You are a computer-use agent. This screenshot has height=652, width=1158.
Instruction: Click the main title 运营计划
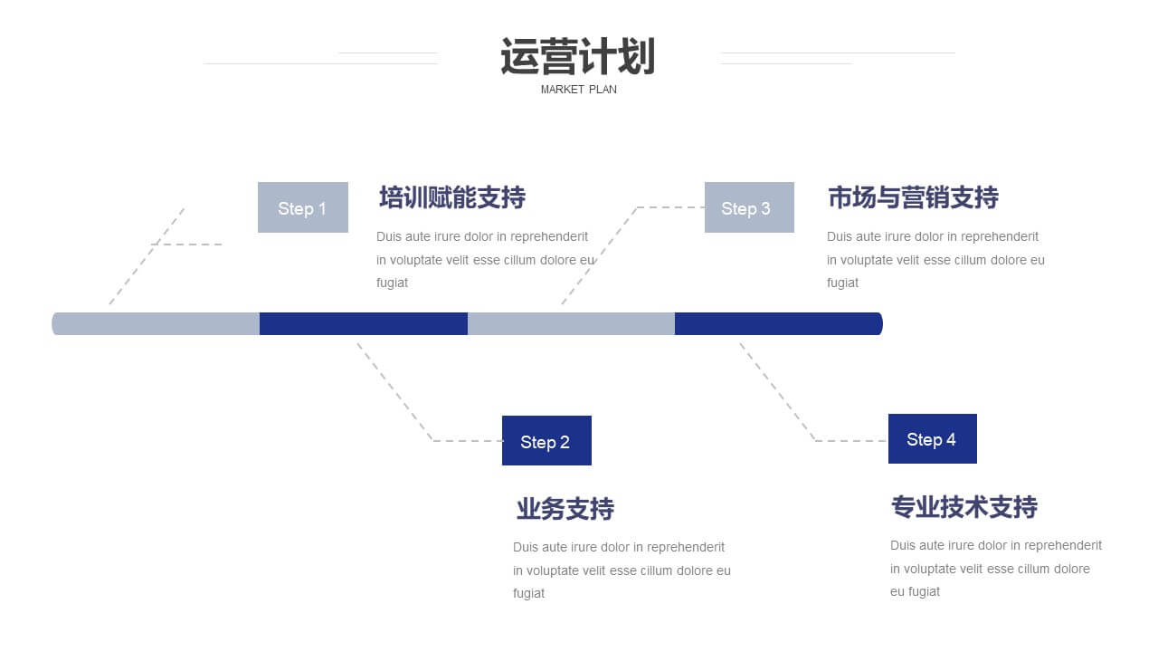pos(578,56)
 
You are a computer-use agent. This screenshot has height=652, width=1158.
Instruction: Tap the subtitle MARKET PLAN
pos(578,90)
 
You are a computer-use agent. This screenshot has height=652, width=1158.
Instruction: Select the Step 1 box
pos(303,207)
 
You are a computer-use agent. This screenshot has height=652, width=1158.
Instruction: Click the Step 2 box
pos(546,440)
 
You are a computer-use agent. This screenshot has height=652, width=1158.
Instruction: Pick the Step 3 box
pos(749,207)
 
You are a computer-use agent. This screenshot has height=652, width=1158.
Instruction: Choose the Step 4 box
pos(933,438)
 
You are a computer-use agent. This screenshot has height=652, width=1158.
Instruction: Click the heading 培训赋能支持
pos(452,197)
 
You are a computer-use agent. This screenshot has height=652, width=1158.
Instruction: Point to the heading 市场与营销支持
pos(913,197)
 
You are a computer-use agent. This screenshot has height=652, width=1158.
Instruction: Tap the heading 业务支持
pos(565,508)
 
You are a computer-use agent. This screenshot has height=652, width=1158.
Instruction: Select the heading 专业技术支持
pos(964,506)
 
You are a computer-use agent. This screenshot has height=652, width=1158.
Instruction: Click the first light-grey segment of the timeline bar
pos(156,323)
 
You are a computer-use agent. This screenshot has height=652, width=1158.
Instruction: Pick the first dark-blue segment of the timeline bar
pos(364,323)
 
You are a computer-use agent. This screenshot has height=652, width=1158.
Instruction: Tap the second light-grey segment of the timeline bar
pos(571,323)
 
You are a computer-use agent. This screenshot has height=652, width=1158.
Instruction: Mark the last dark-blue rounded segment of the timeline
pos(779,323)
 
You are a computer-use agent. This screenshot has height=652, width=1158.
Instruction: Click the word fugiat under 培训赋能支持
pos(392,283)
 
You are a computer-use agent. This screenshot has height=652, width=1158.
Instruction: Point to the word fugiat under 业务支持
pos(528,593)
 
